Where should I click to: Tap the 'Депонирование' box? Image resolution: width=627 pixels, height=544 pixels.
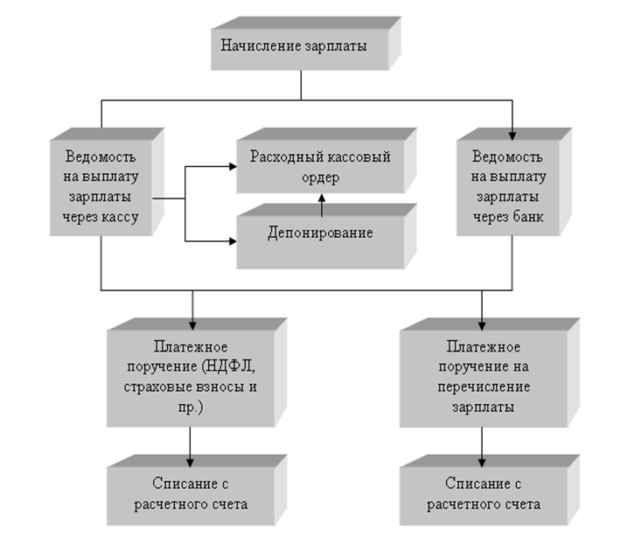click(318, 234)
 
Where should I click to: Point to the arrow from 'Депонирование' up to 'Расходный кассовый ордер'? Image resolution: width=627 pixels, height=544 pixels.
click(320, 206)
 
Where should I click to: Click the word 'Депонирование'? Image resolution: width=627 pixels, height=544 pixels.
click(318, 234)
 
